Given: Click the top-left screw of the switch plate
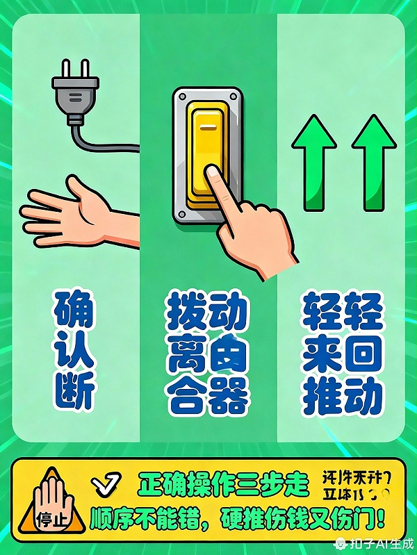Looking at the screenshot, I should (x=181, y=97).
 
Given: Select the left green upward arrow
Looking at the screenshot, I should (x=313, y=163).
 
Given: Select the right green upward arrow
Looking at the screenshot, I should (x=373, y=163).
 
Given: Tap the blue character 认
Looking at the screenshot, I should (x=73, y=354).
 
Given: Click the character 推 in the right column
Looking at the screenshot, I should (x=322, y=397).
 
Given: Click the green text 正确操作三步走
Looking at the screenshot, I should (x=222, y=483).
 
